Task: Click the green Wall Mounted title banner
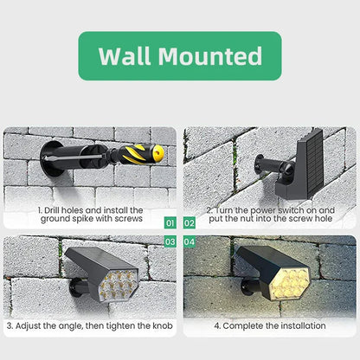coord(180,56)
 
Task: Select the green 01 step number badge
coord(170,222)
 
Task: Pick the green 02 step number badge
coord(190,222)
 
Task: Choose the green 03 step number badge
coord(170,241)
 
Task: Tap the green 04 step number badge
coord(190,241)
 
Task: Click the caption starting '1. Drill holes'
coord(91,215)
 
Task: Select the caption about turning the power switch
coord(269,215)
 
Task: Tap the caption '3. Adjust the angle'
coord(91,325)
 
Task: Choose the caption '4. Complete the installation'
coord(269,325)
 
